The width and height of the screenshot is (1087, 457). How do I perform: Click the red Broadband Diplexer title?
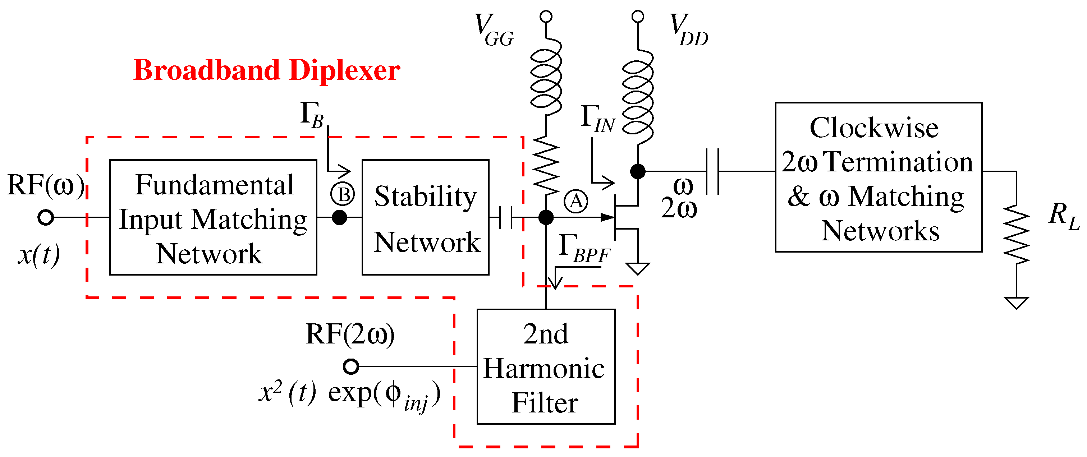(x=267, y=70)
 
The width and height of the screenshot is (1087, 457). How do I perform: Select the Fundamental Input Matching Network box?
(x=213, y=217)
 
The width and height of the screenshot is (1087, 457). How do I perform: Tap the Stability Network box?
(x=425, y=217)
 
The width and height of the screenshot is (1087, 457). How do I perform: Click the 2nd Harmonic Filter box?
(x=546, y=367)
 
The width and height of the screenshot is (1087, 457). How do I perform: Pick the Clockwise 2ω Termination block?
(x=879, y=177)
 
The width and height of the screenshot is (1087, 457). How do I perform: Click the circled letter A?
(x=575, y=202)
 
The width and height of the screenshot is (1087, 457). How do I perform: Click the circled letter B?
(x=342, y=195)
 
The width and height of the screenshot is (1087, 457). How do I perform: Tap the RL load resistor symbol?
(x=1016, y=234)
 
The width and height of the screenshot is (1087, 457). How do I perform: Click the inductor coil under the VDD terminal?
(x=638, y=97)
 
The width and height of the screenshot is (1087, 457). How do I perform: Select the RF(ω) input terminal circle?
(x=46, y=217)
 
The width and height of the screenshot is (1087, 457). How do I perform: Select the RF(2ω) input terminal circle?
(x=351, y=366)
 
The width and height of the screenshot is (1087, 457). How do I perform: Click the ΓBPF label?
(x=584, y=249)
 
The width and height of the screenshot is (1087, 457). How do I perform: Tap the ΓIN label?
(x=597, y=119)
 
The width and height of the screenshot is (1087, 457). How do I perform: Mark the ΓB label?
(x=311, y=115)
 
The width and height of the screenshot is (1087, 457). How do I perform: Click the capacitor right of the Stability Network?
(x=505, y=217)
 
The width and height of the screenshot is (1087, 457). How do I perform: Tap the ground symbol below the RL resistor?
(x=1016, y=303)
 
